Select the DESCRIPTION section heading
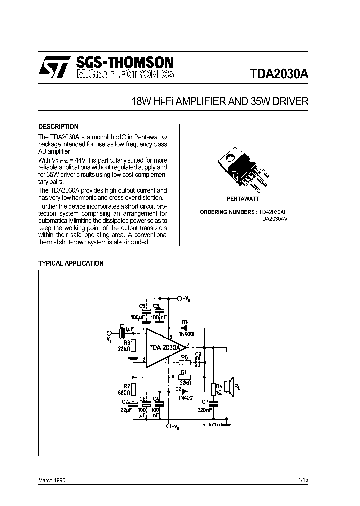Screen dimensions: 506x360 click(58, 127)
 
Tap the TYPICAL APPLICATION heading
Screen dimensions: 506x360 click(71, 263)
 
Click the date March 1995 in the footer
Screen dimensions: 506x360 click(52, 480)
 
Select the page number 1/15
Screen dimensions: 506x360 click(303, 480)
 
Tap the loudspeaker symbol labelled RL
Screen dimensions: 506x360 click(228, 386)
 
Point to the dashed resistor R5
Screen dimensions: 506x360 click(184, 362)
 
